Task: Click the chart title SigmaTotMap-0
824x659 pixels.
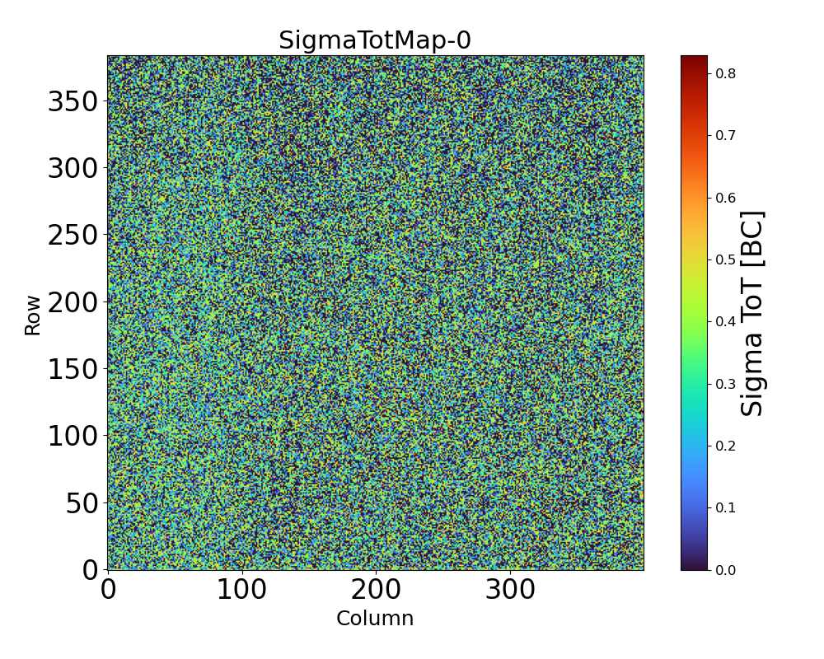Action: click(375, 40)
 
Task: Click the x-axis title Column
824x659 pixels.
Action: click(375, 619)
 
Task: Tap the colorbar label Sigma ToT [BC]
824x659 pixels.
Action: click(752, 313)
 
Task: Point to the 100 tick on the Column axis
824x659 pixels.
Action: click(241, 590)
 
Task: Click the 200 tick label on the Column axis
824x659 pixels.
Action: click(376, 590)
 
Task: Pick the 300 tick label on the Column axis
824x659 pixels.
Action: click(510, 590)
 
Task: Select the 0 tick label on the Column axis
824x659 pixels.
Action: click(108, 590)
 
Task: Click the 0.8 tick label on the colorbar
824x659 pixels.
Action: click(725, 73)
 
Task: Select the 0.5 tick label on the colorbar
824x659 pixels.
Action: click(725, 259)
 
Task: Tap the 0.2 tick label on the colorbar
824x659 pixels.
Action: click(725, 446)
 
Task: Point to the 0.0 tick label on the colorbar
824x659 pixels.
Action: click(725, 570)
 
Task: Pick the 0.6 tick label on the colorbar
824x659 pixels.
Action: click(725, 198)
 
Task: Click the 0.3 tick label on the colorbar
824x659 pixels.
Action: click(725, 384)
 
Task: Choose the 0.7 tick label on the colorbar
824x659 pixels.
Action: click(725, 135)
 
